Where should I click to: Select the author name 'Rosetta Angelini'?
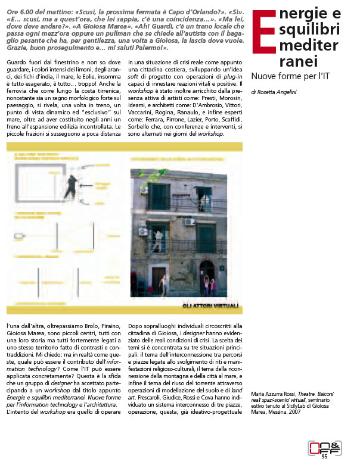[x=280, y=92]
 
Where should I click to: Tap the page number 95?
[x=324, y=457]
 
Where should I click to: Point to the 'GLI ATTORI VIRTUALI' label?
[x=211, y=307]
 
